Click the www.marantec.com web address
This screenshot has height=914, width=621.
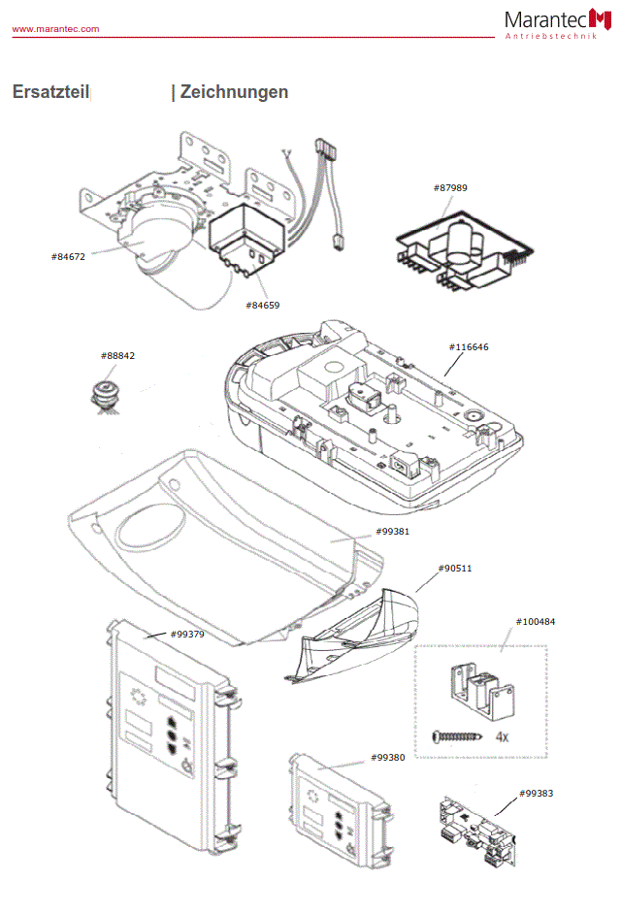click(55, 29)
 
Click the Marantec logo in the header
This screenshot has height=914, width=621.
click(554, 22)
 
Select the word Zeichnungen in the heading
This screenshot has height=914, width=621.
click(234, 92)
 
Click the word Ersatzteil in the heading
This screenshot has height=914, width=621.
click(50, 92)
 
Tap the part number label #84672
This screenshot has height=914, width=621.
click(68, 256)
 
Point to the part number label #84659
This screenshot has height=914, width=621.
click(262, 305)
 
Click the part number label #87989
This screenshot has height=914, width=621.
click(449, 187)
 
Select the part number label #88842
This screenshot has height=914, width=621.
click(117, 356)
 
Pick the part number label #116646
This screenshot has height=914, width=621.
click(469, 346)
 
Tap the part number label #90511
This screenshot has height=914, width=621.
click(455, 568)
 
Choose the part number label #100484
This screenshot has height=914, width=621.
click(535, 621)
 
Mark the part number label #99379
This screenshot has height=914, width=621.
click(186, 634)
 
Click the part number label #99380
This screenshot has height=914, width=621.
click(387, 757)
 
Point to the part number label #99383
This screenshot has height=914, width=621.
click(536, 793)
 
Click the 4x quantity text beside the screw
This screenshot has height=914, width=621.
click(502, 737)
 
